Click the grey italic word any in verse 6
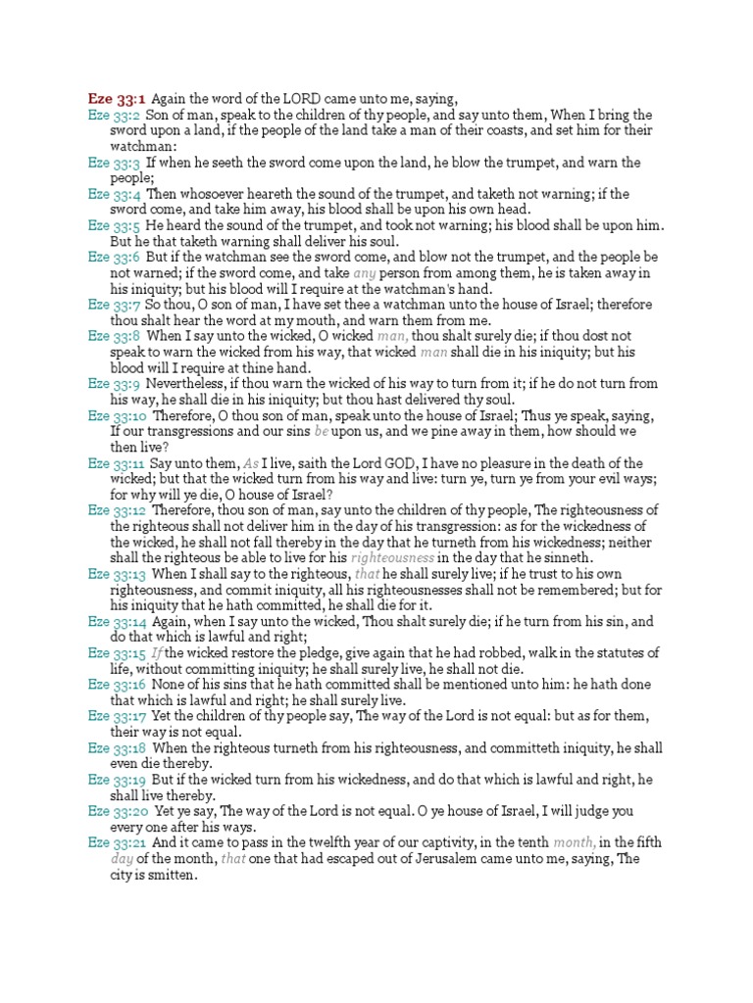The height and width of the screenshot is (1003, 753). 364,273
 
